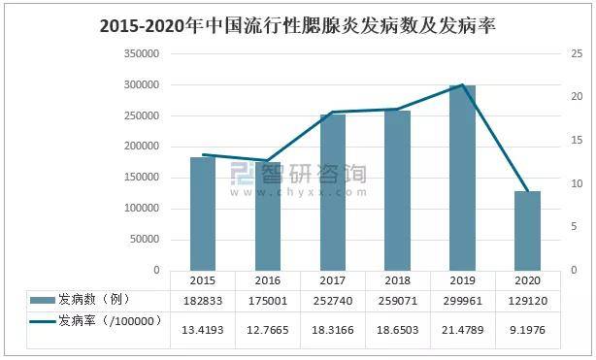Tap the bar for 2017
coord(333,192)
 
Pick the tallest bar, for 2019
coord(462,178)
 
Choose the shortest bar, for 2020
coord(527,231)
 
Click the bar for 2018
coord(397,190)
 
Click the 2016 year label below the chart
coord(267,280)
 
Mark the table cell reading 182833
coord(202,301)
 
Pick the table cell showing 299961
coord(462,301)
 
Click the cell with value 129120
coord(527,301)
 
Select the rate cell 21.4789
coord(462,330)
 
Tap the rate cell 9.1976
coord(527,330)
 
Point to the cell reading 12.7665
coord(267,330)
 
